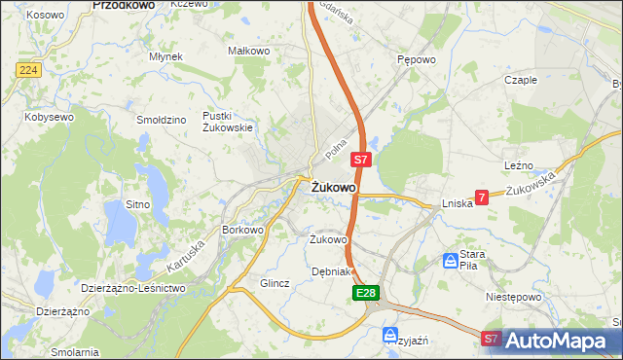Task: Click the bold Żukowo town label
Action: (x=333, y=187)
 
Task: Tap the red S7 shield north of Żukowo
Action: (x=360, y=160)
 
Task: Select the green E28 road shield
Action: (x=365, y=292)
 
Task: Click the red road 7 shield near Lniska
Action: (x=482, y=197)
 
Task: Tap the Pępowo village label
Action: (x=415, y=58)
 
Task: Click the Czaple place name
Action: (x=521, y=80)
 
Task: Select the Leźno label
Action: (x=519, y=166)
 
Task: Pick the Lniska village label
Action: (x=457, y=203)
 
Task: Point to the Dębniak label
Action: (x=330, y=271)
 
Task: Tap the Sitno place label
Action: (x=137, y=204)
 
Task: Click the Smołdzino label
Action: (x=162, y=120)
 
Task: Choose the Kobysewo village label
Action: (x=50, y=117)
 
